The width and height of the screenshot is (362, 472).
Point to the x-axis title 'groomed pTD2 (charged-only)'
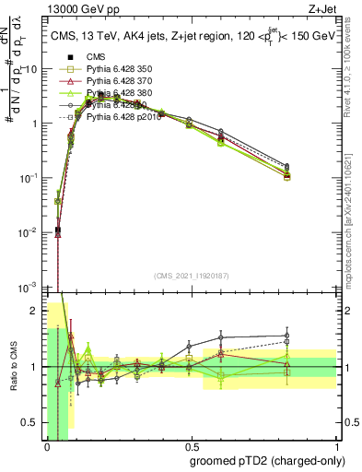tap(270, 460)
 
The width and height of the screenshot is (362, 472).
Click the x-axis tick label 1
tap(336, 444)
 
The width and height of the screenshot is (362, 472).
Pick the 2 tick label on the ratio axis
tap(38, 311)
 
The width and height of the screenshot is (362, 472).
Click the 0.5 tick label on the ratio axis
tap(34, 422)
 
